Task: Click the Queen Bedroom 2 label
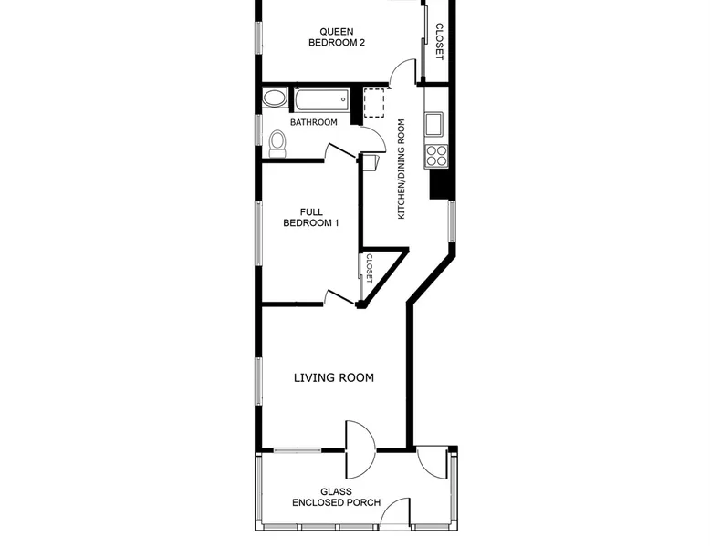coord(337,37)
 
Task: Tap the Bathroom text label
coord(313,122)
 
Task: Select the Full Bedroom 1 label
coord(311,218)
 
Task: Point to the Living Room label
coord(334,377)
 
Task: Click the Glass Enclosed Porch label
coord(336,497)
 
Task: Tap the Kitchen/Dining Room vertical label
coord(402,170)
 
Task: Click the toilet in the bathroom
coord(277,144)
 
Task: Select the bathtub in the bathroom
coord(322,99)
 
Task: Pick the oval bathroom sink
coord(275,98)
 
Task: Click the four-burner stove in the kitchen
coord(436,156)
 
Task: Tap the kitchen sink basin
coord(433,124)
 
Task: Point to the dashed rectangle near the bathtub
coord(374,103)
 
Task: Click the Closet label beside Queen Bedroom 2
coord(439,42)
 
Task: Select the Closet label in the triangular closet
coord(369,269)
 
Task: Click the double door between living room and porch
coord(360,449)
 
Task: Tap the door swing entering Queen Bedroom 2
coord(402,71)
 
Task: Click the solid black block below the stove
coord(441,184)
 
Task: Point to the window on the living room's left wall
coord(259,381)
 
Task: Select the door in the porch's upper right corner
coord(433,463)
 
